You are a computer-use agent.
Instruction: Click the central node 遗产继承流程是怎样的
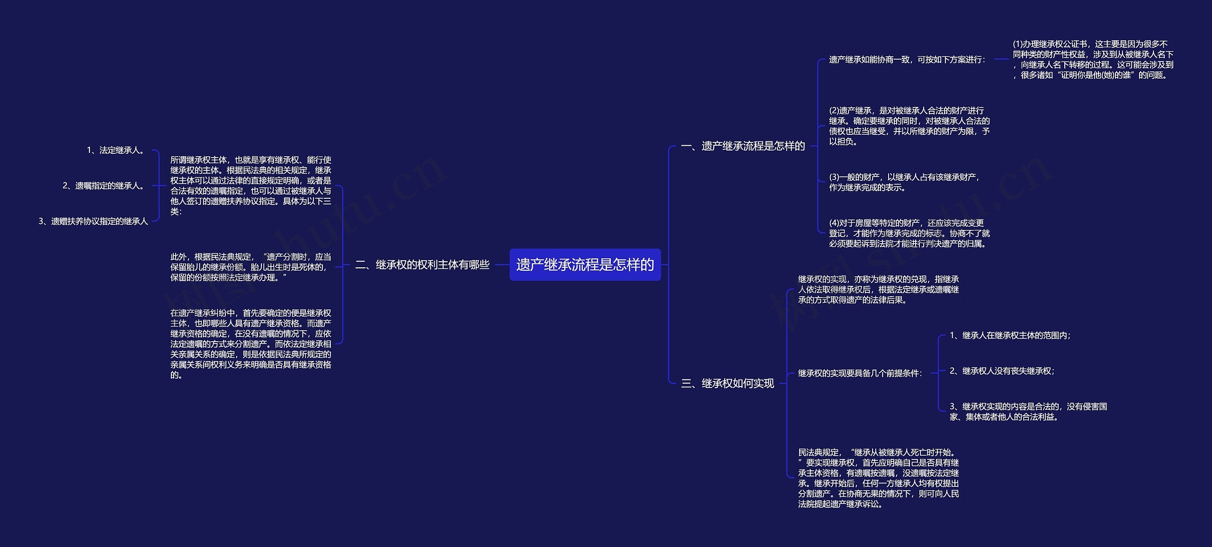pyautogui.click(x=585, y=265)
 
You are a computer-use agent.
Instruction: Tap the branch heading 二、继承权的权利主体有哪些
pyautogui.click(x=422, y=265)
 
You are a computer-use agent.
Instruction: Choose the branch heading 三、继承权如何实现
pyautogui.click(x=727, y=383)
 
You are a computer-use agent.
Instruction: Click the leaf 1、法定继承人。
pyautogui.click(x=116, y=150)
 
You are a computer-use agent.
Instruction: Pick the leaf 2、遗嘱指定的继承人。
pyautogui.click(x=104, y=186)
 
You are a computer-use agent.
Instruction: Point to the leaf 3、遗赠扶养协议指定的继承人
pyautogui.click(x=93, y=221)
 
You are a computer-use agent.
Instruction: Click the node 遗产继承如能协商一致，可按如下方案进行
pyautogui.click(x=907, y=60)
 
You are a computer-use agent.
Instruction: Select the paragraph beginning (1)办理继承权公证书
pyautogui.click(x=1093, y=60)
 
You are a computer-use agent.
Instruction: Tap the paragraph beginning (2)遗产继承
pyautogui.click(x=909, y=126)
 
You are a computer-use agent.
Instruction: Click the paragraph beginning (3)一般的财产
pyautogui.click(x=904, y=182)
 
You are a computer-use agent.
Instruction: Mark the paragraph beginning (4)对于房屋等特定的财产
pyautogui.click(x=909, y=233)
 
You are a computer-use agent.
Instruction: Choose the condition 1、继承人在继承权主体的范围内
pyautogui.click(x=1010, y=335)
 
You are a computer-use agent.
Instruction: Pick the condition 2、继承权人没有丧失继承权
pyautogui.click(x=1002, y=371)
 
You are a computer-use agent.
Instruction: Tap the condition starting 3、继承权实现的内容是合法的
pyautogui.click(x=1028, y=412)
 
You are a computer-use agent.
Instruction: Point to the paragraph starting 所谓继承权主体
pyautogui.click(x=250, y=185)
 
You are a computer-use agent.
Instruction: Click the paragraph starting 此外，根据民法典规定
pyautogui.click(x=250, y=267)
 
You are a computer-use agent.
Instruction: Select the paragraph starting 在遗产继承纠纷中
pyautogui.click(x=250, y=344)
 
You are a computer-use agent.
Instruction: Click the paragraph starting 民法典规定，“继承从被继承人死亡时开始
pyautogui.click(x=878, y=478)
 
